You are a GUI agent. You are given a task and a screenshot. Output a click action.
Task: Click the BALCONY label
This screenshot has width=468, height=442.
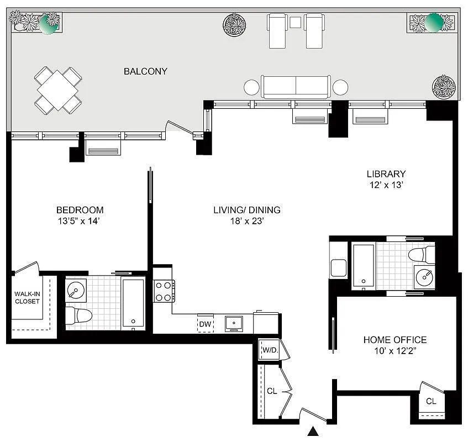pos(145,71)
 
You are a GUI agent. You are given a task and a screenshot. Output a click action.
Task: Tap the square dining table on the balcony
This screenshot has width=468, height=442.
pos(58,90)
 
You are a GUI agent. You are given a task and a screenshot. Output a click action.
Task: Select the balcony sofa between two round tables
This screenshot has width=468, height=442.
pos(296,87)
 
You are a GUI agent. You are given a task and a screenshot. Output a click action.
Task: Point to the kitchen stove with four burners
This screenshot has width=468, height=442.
pos(164,291)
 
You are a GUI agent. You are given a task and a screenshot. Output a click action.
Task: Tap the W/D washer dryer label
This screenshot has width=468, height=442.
pos(270,350)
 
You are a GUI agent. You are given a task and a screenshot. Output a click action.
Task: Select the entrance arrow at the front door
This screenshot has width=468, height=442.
pos(314,432)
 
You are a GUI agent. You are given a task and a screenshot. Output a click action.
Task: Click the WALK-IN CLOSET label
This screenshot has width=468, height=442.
pos(27,298)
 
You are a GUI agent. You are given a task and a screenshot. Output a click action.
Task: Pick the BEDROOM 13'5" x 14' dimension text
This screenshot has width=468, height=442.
pos(80,221)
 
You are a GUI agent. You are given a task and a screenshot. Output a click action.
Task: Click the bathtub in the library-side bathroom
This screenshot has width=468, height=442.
pos(364,266)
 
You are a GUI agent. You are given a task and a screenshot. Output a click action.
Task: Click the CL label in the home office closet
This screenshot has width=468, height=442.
pos(431,401)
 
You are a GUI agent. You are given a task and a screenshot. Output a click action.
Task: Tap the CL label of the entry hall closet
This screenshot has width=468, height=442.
pos(271,391)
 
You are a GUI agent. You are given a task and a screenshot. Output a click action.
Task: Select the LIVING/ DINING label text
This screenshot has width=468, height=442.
pos(247,210)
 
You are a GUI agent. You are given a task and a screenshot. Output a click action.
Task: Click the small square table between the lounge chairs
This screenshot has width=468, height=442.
pos(295,23)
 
